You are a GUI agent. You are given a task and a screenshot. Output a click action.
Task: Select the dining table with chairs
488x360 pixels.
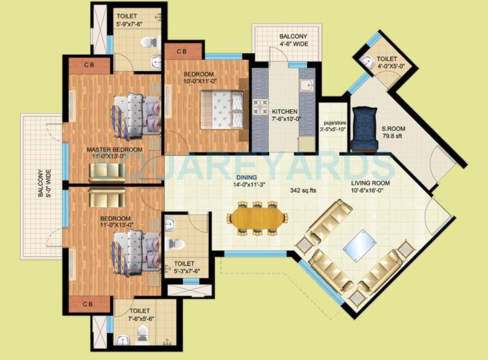pos(259,219)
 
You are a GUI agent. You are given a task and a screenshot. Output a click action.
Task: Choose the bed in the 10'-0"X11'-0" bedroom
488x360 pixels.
pos(222,108)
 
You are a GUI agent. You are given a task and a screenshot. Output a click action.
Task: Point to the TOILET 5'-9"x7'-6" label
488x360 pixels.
pos(136,19)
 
